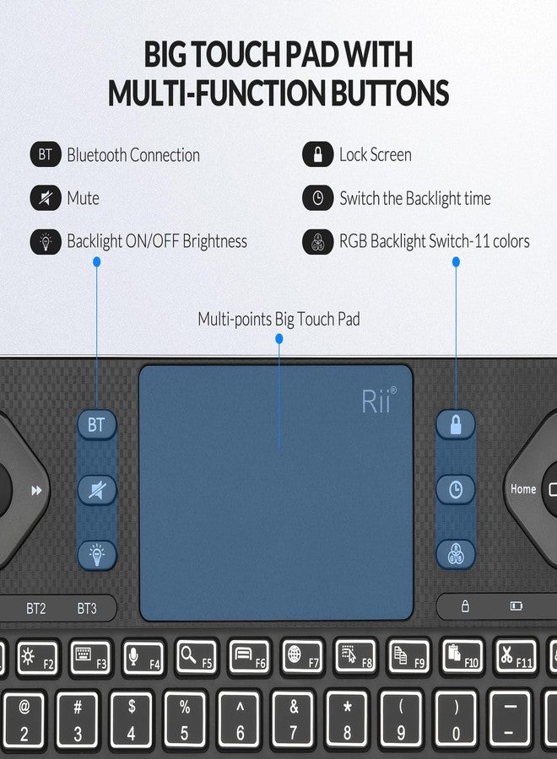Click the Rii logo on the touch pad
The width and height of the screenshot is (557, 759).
377,402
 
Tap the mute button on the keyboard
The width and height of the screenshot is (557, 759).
97,489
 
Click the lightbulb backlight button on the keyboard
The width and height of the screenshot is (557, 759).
97,553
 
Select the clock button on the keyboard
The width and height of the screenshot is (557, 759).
456,490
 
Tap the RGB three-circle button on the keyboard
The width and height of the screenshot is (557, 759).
456,553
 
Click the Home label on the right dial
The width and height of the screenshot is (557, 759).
523,489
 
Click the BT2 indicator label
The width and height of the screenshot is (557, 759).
36,607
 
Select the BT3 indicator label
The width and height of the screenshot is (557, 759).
87,607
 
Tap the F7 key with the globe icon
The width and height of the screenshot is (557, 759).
304,657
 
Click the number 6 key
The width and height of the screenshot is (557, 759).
240,719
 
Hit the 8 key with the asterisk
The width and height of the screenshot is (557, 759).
347,719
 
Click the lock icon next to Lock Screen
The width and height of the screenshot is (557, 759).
317,155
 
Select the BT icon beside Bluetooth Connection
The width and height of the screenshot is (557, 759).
46,155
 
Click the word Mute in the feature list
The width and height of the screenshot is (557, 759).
83,199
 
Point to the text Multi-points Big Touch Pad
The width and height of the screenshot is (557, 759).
278,320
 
